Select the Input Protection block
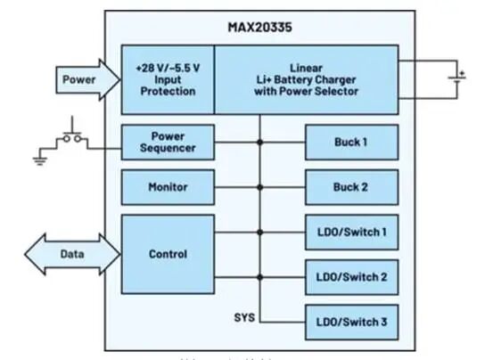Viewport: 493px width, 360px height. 168,80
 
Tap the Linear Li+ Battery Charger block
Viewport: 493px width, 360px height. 305,80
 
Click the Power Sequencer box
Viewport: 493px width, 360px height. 168,143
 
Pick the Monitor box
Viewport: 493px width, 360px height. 168,188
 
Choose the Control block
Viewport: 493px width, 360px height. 168,254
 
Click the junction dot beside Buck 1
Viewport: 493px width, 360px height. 260,143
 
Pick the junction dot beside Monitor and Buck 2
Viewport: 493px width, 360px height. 260,188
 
